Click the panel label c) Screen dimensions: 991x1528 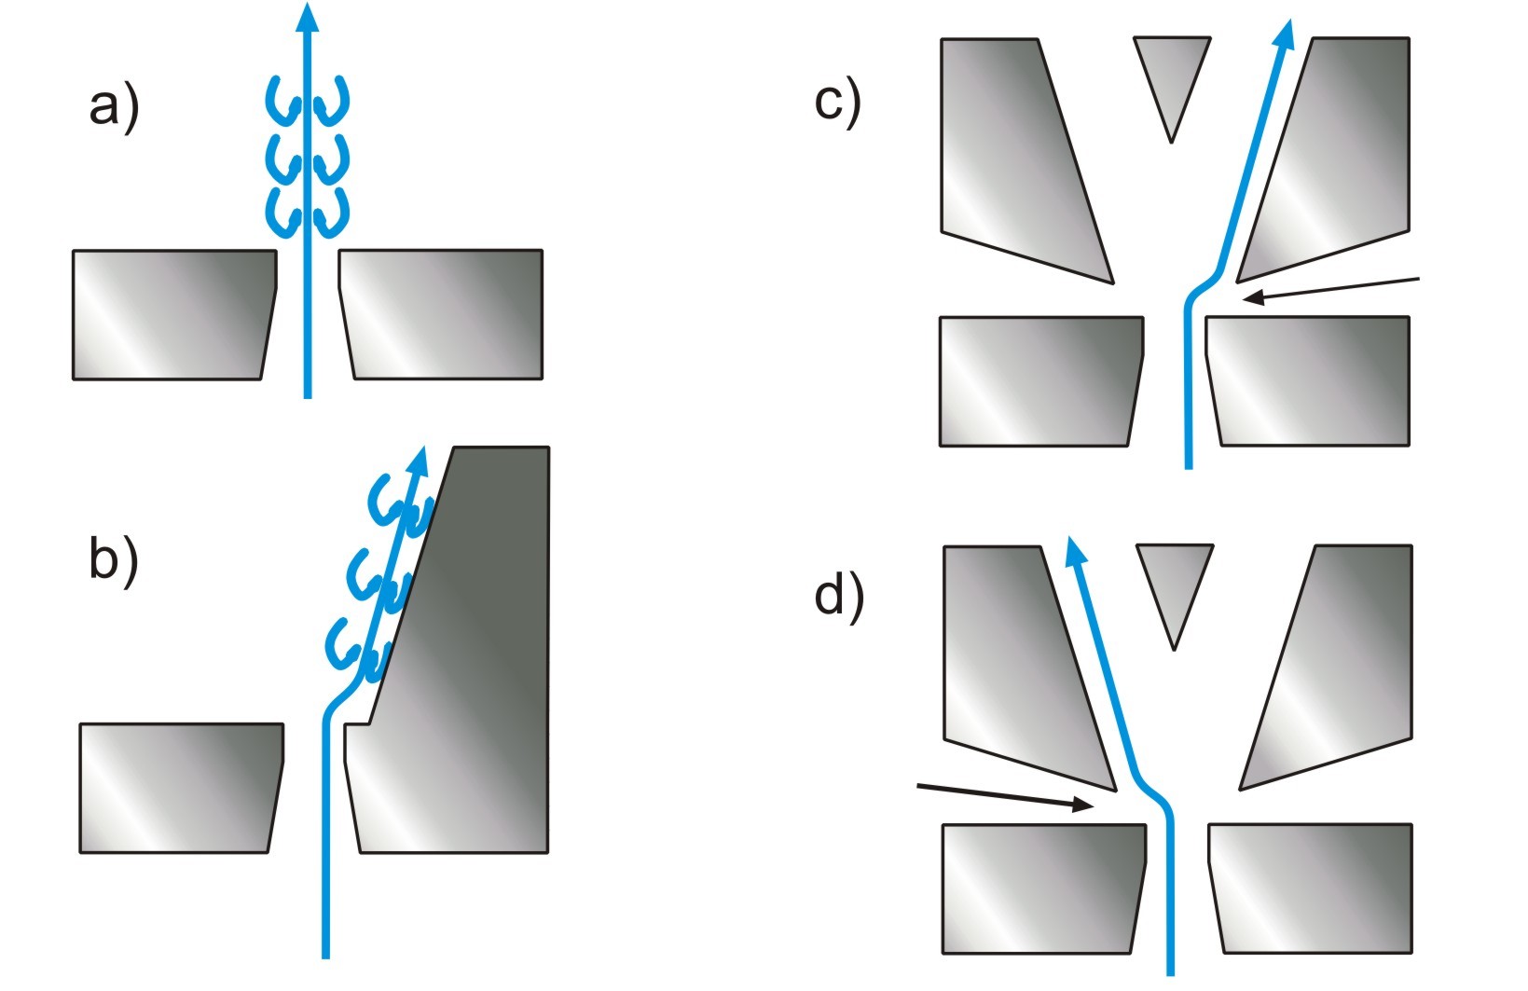837,101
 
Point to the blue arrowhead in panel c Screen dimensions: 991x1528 1286,34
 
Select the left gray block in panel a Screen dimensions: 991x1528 172,314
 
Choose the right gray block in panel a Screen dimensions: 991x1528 442,314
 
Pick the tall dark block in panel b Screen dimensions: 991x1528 475,653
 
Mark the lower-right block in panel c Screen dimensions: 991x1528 1307,380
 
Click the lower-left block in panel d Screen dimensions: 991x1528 1041,888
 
